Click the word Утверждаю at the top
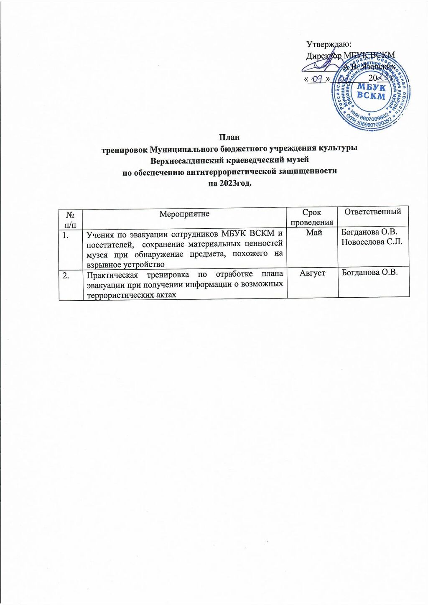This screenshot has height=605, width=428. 329,44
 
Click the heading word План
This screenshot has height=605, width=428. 229,138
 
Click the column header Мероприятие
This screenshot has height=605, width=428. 184,214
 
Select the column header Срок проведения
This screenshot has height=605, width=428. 312,217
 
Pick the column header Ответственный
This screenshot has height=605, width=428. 373,212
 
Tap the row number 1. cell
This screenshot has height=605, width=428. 67,235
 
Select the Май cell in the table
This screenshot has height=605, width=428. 314,233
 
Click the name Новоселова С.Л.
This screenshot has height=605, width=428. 372,243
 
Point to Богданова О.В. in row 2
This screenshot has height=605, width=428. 369,273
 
